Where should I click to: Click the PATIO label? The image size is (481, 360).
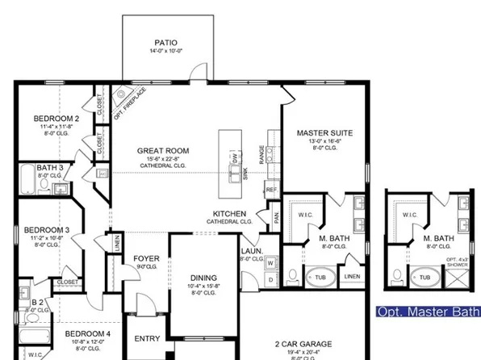[x=165, y=43]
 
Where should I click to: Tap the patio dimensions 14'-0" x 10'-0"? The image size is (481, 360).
[x=165, y=52]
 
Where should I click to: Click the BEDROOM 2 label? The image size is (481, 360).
[x=56, y=118]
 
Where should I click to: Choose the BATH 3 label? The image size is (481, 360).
[x=49, y=167]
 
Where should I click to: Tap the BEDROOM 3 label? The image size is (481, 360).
[x=46, y=230]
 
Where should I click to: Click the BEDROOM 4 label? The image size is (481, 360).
[x=87, y=334]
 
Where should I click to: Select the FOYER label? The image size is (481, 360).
[x=146, y=259]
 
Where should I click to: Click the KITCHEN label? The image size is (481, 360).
[x=229, y=212]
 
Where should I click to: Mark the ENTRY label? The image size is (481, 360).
[x=146, y=339]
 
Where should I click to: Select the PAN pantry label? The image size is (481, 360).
[x=277, y=216]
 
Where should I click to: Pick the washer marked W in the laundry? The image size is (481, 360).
[x=271, y=262]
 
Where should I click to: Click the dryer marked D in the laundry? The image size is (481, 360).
[x=271, y=279]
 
